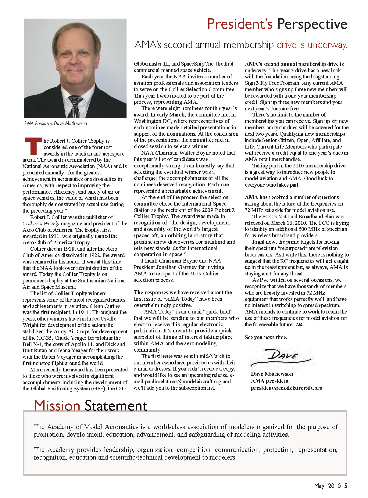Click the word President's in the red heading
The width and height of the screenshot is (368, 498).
[240, 24]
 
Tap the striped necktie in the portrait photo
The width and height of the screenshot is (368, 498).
[74, 106]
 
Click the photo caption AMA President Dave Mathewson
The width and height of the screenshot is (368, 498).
[55, 124]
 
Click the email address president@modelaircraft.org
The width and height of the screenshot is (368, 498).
[287, 388]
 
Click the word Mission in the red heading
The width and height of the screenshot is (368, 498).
[57, 406]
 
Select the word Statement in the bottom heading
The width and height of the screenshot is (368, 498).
[116, 406]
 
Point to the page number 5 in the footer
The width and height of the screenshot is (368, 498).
[345, 486]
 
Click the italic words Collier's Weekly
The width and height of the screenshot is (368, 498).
[41, 224]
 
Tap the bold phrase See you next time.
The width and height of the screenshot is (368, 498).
[266, 337]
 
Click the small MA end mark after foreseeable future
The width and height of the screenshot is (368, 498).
[299, 325]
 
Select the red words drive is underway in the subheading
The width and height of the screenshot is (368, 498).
[312, 45]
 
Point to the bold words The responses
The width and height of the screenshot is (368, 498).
[151, 292]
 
